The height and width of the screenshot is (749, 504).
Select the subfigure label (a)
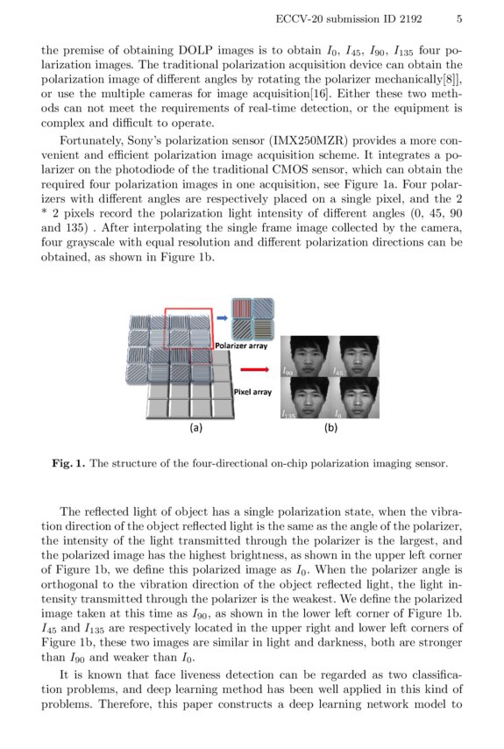click(x=196, y=428)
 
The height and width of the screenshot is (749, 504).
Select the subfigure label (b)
click(x=330, y=428)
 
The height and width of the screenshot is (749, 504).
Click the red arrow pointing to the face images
click(x=259, y=370)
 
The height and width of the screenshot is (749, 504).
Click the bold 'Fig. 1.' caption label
click(x=68, y=462)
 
